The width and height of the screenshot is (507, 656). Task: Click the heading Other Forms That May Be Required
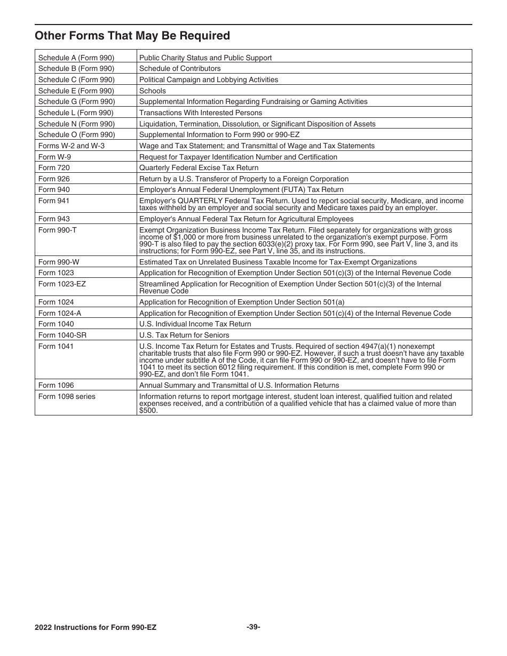tap(132, 36)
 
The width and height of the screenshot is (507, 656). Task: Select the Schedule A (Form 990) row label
tap(76, 58)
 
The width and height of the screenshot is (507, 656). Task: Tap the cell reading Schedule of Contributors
tap(180, 68)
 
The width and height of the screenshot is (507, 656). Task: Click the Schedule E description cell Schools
tap(153, 91)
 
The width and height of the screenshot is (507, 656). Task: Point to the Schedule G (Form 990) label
tap(76, 101)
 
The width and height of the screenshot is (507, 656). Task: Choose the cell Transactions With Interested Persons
tap(201, 113)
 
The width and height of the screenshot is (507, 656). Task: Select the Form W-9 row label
tap(53, 157)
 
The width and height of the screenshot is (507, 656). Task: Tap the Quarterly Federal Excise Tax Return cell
tap(199, 167)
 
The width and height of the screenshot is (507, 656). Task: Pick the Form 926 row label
tap(54, 179)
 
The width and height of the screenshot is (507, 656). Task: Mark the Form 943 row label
tap(54, 219)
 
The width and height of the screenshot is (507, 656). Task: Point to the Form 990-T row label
tap(57, 230)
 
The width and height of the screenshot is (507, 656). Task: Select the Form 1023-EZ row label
tap(62, 284)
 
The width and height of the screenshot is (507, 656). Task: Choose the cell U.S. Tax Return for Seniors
tap(184, 335)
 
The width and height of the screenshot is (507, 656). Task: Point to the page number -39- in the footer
tap(253, 627)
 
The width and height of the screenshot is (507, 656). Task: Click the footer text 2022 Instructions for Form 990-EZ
tap(96, 627)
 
